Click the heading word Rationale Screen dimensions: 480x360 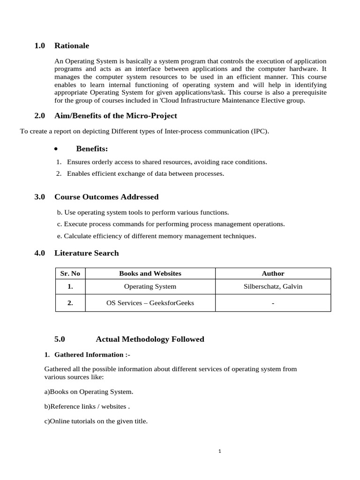(x=71, y=45)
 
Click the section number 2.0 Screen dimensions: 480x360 (x=39, y=115)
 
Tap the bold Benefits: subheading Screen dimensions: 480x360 (x=92, y=149)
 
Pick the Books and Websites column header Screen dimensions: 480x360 (x=150, y=273)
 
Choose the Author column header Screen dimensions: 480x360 (x=273, y=273)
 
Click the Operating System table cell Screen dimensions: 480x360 (x=150, y=286)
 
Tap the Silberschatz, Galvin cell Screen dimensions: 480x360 (x=273, y=286)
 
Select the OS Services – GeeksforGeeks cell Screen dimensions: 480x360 (x=150, y=303)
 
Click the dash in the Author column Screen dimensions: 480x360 (x=273, y=303)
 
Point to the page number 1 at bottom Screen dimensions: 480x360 (x=219, y=451)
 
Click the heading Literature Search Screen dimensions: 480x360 (x=86, y=253)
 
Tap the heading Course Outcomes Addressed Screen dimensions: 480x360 (x=106, y=197)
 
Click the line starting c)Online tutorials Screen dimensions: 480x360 (x=96, y=421)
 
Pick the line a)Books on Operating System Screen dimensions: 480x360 (x=89, y=391)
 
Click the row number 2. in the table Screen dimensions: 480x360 (x=70, y=303)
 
